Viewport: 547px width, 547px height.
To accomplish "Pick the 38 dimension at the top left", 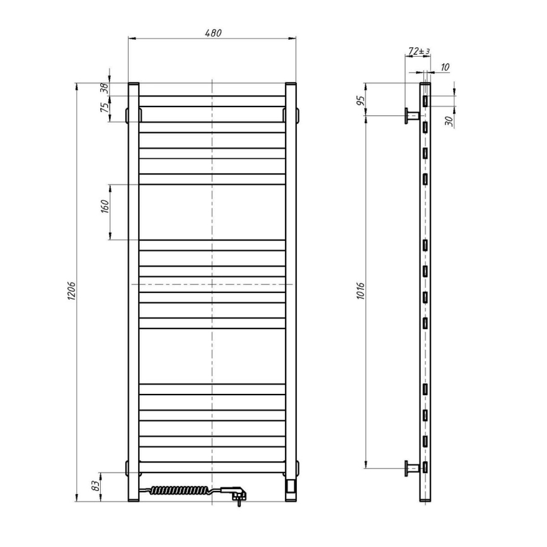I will point(105,89).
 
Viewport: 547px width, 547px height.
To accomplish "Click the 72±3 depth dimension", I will point(418,50).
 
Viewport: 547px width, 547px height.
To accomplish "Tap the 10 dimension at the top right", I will point(446,66).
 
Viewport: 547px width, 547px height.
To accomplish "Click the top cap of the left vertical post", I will point(133,84).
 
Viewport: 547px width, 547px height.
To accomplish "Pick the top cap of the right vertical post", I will point(291,84).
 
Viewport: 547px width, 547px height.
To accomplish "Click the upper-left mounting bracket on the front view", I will point(127,114).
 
